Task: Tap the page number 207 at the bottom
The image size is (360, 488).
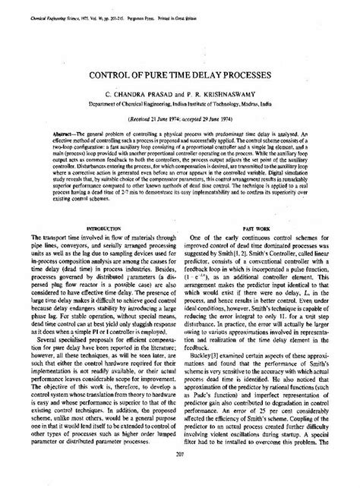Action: [180, 476]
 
